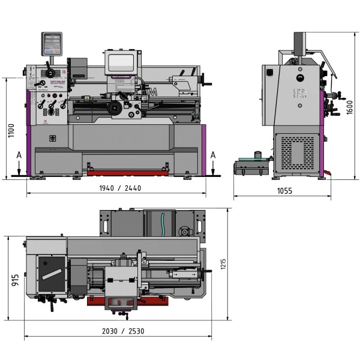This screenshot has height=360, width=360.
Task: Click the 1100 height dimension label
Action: (11, 130)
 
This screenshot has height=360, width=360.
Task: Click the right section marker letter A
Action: (213, 155)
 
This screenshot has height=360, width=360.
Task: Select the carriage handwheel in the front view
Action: (114, 108)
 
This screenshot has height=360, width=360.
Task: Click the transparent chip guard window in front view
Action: (120, 64)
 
